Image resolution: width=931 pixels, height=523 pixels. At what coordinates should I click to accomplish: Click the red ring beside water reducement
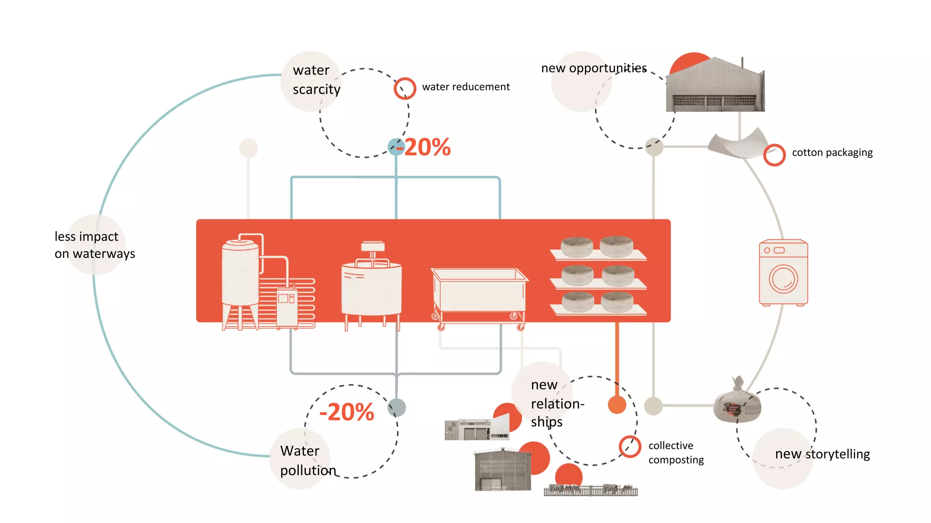click(405, 89)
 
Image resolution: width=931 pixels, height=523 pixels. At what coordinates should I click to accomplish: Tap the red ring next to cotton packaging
click(774, 155)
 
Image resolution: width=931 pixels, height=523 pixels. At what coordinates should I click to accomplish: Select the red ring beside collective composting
click(630, 446)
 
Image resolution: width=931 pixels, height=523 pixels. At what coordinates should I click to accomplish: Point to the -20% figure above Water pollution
click(346, 412)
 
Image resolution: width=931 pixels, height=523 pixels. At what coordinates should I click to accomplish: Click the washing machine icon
click(783, 272)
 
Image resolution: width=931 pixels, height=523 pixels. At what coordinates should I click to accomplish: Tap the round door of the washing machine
click(783, 279)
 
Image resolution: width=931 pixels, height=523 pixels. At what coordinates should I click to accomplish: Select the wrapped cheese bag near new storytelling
click(736, 402)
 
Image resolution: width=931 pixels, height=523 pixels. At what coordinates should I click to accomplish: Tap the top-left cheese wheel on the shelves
click(576, 247)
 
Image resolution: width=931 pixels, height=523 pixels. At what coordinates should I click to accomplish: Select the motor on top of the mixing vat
click(373, 247)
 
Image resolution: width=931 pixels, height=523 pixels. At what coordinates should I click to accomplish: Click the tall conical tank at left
click(240, 277)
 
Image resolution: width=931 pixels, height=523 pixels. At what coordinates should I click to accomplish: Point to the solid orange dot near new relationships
click(617, 405)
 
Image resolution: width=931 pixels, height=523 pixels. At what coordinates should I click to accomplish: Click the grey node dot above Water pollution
click(397, 407)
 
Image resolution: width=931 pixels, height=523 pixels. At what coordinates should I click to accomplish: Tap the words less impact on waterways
click(95, 245)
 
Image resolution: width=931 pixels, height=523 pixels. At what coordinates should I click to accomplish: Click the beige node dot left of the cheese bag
click(653, 405)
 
